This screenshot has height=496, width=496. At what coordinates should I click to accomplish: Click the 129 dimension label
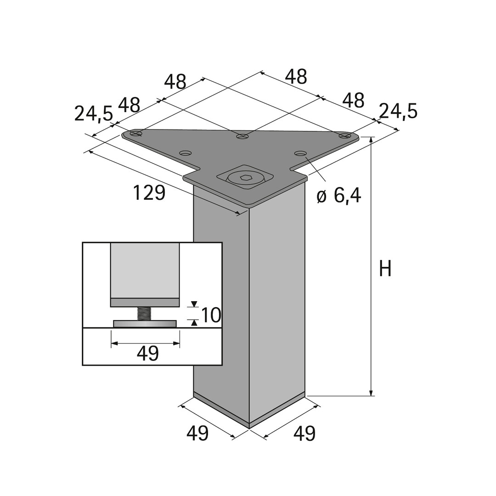[149, 192]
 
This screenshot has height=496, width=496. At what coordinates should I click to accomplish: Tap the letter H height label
[385, 269]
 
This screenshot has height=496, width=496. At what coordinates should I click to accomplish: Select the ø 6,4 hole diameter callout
[339, 195]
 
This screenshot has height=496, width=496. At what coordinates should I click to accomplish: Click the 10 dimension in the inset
[211, 316]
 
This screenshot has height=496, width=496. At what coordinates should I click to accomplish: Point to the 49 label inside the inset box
[147, 354]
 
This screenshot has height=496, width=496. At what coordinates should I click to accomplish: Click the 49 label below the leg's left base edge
[197, 433]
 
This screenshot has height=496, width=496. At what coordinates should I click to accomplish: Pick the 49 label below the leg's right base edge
[304, 433]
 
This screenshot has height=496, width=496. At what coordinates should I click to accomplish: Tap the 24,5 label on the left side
[93, 113]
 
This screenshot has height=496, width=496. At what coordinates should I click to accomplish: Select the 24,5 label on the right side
[398, 111]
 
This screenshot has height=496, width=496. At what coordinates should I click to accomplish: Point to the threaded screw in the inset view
[145, 314]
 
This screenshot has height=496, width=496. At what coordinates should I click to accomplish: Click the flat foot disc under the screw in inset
[145, 324]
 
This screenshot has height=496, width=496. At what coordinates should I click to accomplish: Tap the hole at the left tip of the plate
[135, 134]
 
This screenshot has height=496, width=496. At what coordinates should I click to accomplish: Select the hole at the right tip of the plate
[345, 135]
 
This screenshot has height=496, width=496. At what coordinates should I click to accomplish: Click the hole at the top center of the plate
[242, 136]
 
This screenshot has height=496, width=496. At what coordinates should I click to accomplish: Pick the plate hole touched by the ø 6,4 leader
[300, 153]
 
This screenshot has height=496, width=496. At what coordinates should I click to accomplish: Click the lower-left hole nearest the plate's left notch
[185, 153]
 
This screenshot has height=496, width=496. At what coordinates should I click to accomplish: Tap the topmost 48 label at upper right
[296, 77]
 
